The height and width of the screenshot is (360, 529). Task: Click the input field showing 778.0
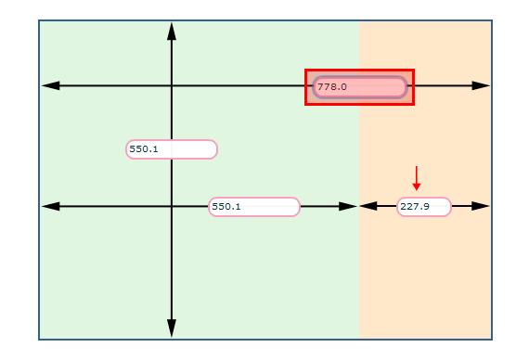359,87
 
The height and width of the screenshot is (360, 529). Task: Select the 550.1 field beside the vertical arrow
172,149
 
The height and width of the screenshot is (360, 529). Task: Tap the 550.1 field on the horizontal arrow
254,207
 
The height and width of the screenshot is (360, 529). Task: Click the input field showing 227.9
424,207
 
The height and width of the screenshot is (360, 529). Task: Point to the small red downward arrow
417,177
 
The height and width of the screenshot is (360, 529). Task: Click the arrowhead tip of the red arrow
417,189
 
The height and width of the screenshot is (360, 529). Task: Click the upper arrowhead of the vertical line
172,31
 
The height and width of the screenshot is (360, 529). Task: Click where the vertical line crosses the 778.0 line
172,85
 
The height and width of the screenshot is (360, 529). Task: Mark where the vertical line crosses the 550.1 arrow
172,206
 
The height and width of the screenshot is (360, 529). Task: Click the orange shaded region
425,278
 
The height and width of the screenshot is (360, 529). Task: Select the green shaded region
260,278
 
